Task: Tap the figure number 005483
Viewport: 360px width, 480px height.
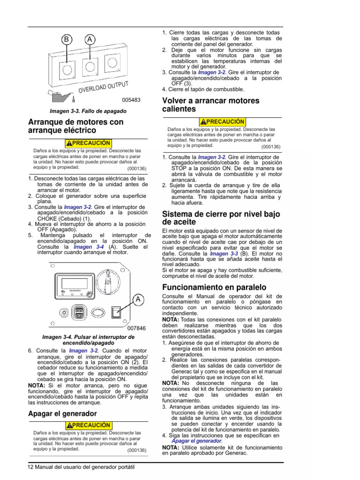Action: pyautogui.click(x=131, y=100)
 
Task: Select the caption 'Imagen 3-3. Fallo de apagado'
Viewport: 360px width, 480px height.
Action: pyautogui.click(x=88, y=111)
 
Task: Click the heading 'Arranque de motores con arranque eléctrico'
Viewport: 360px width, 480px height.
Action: pyautogui.click(x=76, y=126)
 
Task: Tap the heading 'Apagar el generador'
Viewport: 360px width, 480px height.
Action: pyautogui.click(x=62, y=413)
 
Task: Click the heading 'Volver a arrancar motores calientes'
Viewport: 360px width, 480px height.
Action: pyautogui.click(x=210, y=105)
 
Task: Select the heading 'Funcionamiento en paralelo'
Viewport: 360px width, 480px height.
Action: pyautogui.click(x=214, y=287)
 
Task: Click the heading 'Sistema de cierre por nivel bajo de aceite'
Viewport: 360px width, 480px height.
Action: pyautogui.click(x=221, y=217)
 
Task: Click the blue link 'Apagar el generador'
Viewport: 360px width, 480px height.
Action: pyautogui.click(x=196, y=441)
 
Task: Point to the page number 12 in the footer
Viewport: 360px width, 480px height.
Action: pyautogui.click(x=31, y=467)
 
